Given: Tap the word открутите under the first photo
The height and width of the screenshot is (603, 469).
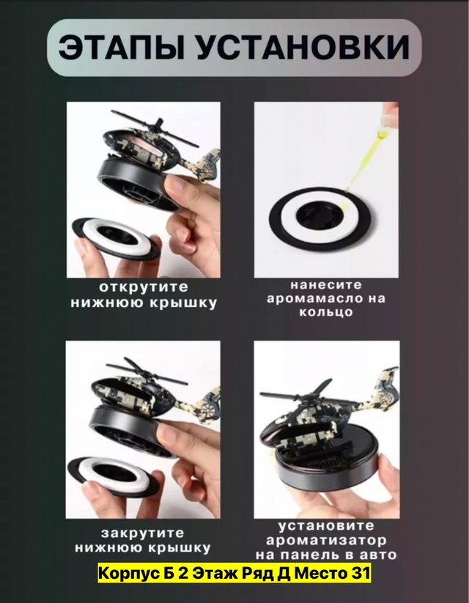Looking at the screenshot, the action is pyautogui.click(x=144, y=287).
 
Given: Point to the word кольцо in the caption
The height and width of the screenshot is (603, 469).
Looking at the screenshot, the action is pyautogui.click(x=326, y=311).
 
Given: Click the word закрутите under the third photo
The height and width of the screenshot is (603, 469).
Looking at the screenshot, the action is pyautogui.click(x=143, y=533).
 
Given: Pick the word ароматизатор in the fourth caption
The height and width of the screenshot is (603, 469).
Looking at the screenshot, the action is pyautogui.click(x=326, y=540).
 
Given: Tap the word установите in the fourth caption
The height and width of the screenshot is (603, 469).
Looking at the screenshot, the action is pyautogui.click(x=326, y=525).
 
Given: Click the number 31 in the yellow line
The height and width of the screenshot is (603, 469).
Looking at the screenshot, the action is pyautogui.click(x=362, y=573).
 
